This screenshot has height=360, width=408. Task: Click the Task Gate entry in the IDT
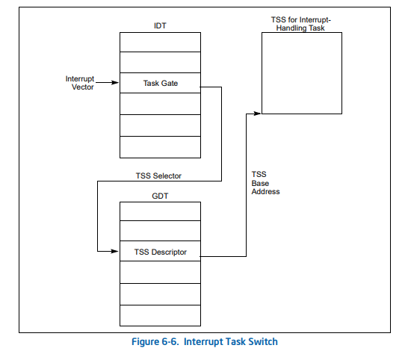pos(160,83)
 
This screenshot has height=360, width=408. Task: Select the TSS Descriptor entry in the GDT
pos(160,251)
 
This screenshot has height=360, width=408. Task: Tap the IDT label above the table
pos(160,25)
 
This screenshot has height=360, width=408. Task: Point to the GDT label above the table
pos(160,196)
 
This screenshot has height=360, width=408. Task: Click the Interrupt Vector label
pos(80,83)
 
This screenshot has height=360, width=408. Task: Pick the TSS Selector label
pos(158,176)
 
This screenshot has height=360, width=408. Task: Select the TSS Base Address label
pos(265,183)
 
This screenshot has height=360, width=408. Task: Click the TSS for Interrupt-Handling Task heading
pos(301,24)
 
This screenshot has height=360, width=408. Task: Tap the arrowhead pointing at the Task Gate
pos(115,83)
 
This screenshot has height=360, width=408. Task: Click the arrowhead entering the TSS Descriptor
pos(115,251)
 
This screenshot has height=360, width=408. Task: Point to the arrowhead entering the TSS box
pos(257,114)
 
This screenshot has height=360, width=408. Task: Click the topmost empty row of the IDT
pos(160,42)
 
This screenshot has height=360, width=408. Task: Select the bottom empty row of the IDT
pos(160,147)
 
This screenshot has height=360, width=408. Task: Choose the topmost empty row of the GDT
pos(160,211)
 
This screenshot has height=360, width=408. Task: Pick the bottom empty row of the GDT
pos(160,315)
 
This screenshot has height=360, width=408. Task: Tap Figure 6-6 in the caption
pos(155,341)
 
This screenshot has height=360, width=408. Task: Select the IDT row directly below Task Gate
pos(160,104)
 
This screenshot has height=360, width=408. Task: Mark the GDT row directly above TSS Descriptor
pos(160,231)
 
